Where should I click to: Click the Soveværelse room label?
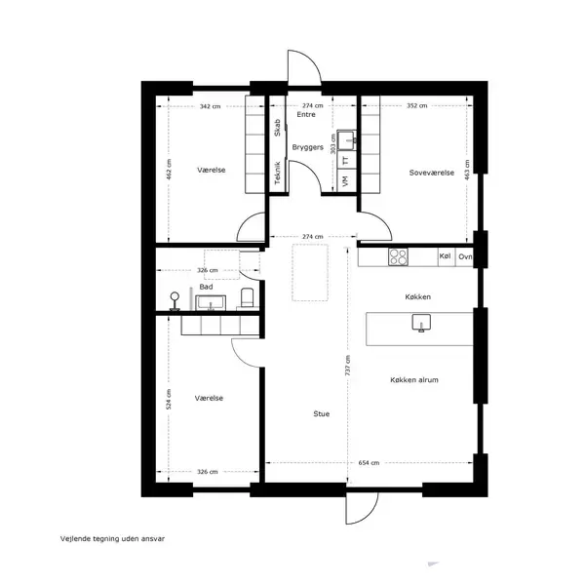point(432,173)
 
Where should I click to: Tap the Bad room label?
point(206,287)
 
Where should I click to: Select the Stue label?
point(321,413)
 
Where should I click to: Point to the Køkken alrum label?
point(414,380)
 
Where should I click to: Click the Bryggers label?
point(307,147)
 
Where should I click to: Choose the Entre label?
point(306,114)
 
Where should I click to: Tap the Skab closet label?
point(277,128)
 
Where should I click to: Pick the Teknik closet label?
point(277,174)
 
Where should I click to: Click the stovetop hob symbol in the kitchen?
point(398,256)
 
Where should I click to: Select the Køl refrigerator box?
point(447,256)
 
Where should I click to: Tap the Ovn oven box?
point(464,256)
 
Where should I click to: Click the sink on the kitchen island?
point(421,323)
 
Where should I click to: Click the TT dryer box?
point(346,161)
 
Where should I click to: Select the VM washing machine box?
point(346,181)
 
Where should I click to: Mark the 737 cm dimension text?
point(348,366)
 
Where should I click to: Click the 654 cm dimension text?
point(369,463)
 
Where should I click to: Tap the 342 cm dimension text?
point(210,106)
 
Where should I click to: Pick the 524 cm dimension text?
point(169,400)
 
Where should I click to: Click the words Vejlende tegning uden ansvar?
point(112,539)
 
